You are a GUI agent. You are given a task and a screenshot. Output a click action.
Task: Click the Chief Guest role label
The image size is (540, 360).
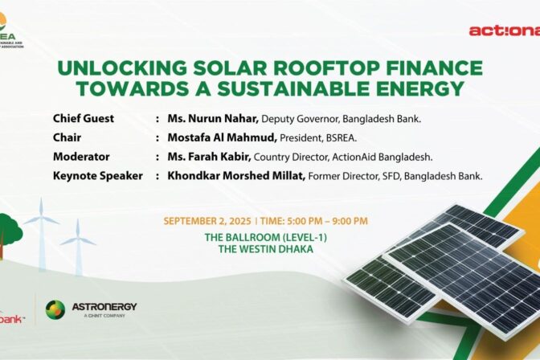coord(84,119)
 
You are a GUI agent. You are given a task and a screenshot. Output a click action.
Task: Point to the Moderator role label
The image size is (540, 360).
coord(81,157)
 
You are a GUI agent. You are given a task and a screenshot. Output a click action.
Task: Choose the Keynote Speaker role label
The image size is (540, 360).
coord(98,175)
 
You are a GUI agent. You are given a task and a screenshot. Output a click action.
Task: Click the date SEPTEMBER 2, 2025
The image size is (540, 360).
coord(207,221)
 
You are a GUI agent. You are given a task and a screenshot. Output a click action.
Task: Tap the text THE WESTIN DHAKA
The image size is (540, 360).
coord(270,250)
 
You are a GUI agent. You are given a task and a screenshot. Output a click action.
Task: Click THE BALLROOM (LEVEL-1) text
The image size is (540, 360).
coord(270,237)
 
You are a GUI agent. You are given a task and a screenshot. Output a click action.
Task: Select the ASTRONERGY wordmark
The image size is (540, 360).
coord(104,307)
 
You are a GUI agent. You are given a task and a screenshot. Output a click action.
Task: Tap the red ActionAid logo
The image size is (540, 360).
coord(504,31)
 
